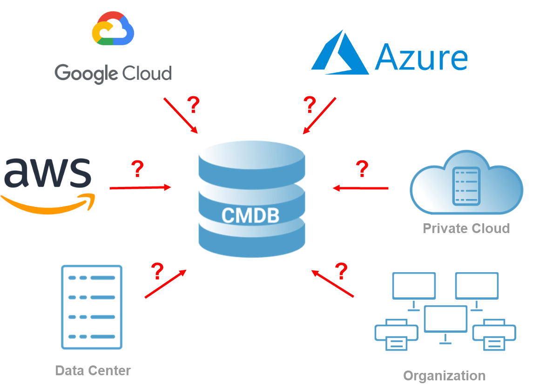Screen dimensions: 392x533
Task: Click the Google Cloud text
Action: coord(113,74)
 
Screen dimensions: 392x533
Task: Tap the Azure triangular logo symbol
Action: coord(340,52)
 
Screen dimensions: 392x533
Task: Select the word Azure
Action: coord(421,58)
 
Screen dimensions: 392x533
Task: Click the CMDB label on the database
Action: coord(250,215)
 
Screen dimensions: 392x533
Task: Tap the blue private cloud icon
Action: coord(466,184)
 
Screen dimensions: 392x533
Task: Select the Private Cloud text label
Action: coord(466,228)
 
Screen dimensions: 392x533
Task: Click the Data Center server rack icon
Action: coord(92,307)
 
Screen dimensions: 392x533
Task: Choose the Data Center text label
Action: coord(93,371)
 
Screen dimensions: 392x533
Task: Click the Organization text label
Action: coord(444,376)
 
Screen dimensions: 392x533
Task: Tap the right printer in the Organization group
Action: coord(494,335)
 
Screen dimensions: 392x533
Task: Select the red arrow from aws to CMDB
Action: coord(140,188)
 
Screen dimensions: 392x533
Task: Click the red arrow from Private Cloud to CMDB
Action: coord(361,188)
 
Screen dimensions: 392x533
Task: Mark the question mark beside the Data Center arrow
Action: coord(158,271)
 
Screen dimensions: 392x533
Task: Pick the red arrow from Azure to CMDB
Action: coord(319,116)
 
